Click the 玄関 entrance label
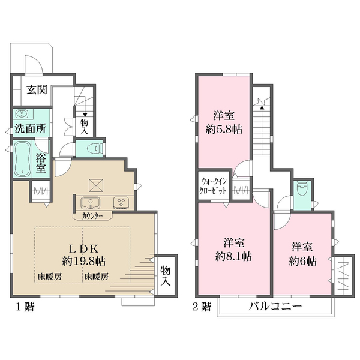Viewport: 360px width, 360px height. coord(37,89)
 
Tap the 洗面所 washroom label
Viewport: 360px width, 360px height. coord(31,129)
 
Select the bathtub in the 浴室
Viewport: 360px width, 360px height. coord(23,158)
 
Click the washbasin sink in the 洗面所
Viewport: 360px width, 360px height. coord(22,114)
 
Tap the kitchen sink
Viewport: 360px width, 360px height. coord(90,203)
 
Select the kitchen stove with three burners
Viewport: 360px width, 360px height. coord(121,203)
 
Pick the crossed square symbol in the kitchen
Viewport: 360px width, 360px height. coord(96,185)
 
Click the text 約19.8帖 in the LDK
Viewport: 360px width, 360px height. coord(84,261)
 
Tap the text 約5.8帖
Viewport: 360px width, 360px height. coord(224,130)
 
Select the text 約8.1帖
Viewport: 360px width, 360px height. coord(233,256)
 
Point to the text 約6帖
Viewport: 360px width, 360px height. coord(302,261)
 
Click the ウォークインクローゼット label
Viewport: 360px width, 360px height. coord(213,186)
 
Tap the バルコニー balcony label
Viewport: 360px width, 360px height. coord(275,306)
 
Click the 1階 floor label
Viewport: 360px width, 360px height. coord(25,307)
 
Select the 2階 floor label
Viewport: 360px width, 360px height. coord(202,307)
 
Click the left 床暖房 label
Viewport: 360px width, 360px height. coord(50,277)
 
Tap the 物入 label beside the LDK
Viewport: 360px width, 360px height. coord(166,276)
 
